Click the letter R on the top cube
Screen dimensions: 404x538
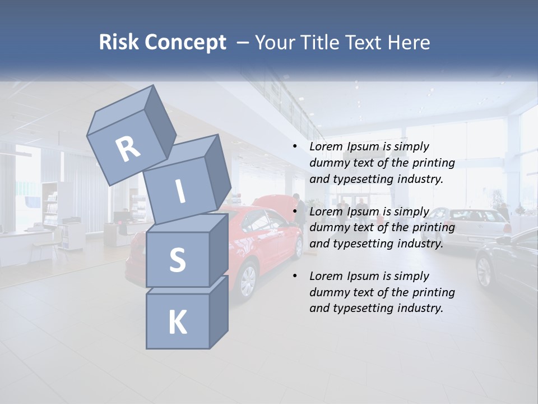(x=128, y=149)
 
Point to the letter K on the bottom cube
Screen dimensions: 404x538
(x=177, y=323)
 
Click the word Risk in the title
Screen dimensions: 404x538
(x=119, y=42)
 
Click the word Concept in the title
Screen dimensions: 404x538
(x=185, y=42)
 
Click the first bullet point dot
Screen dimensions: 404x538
(x=295, y=146)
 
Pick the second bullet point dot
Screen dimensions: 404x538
(x=295, y=212)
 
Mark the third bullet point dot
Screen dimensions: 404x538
(x=295, y=276)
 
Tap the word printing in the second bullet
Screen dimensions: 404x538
(x=433, y=228)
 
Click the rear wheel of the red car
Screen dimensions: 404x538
(x=247, y=281)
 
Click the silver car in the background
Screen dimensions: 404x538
(x=471, y=227)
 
